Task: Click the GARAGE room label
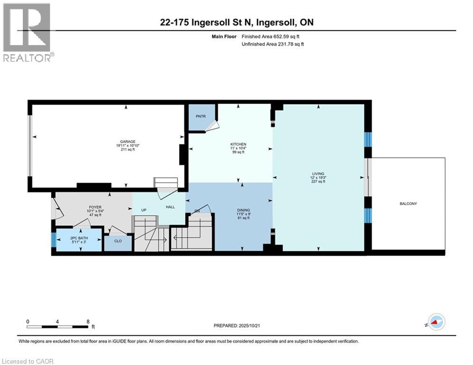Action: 128,141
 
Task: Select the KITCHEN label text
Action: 238,144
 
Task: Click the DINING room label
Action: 244,210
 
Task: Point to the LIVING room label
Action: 318,173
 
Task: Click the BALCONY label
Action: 408,203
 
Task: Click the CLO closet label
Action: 118,241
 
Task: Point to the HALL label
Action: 171,207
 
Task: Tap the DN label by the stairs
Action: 196,211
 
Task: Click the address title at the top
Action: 236,22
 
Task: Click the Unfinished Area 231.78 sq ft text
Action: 272,44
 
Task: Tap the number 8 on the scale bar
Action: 88,321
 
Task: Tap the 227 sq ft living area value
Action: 318,182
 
